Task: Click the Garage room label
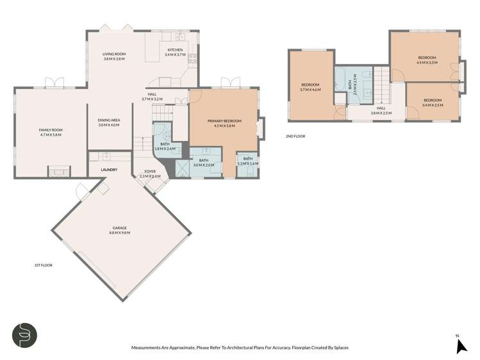120,230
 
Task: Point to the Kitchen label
175,53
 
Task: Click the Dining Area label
109,122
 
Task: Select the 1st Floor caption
43,265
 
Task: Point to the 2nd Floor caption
296,136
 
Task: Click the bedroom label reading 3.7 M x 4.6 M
311,87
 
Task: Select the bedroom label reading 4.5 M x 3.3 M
426,60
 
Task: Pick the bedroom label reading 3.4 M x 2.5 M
433,102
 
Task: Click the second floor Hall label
381,111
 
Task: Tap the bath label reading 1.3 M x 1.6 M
248,161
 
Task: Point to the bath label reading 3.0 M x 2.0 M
203,163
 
